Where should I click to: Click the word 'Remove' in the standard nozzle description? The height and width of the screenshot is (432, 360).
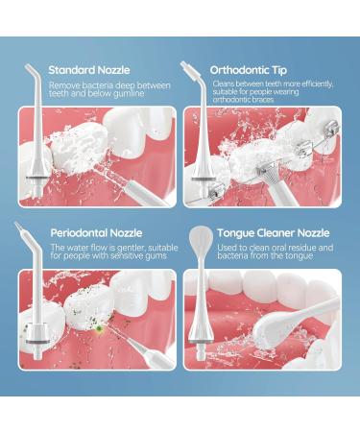[x=64, y=84]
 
